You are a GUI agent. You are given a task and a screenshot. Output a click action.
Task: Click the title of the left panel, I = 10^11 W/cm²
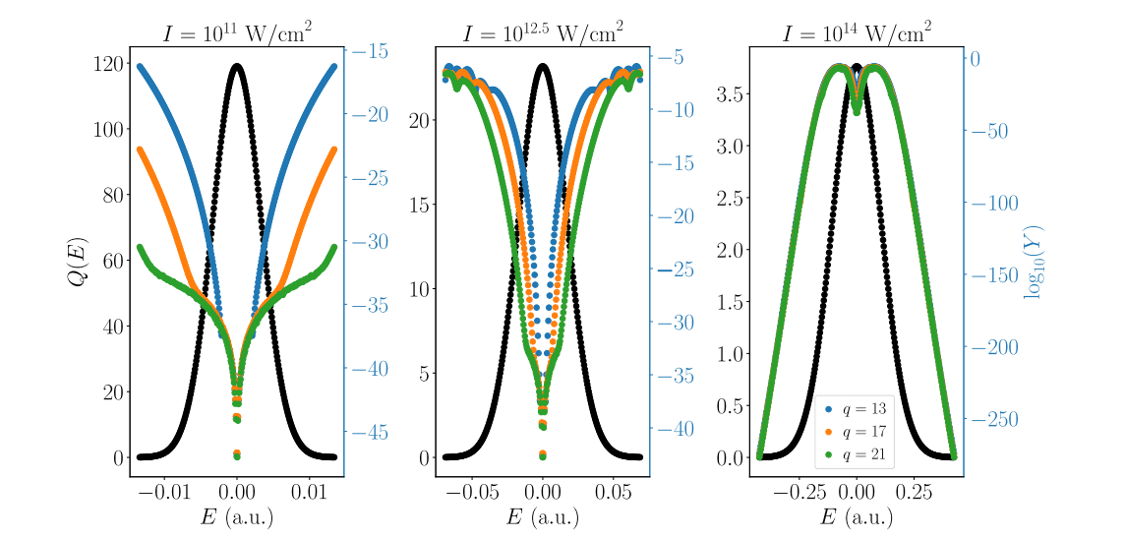coord(237,32)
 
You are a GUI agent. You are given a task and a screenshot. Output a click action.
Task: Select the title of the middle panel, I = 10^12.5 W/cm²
coord(543,32)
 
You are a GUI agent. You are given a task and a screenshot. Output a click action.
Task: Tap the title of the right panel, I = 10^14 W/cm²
coord(857,32)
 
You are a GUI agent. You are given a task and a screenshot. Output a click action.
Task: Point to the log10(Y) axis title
coord(1033,262)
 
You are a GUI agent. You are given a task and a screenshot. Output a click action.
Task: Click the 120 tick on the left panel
coord(108,64)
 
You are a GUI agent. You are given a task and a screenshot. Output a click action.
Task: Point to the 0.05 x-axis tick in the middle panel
coord(614,492)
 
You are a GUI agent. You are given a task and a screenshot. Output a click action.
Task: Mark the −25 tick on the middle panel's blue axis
coord(678,270)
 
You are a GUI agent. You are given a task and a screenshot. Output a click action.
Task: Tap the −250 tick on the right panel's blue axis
coord(995,420)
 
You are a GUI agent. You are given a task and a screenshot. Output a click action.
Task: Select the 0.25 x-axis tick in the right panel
coord(914,492)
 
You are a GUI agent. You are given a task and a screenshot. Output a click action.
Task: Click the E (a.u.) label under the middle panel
coord(543,517)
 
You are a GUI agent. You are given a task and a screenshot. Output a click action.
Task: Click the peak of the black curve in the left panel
coord(237,66)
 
